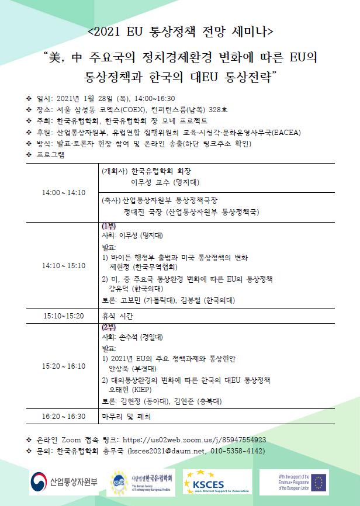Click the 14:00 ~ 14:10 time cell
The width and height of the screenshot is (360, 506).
tap(64, 192)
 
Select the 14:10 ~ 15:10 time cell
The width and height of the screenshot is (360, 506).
tap(64, 265)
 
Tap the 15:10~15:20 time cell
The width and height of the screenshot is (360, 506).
tap(64, 316)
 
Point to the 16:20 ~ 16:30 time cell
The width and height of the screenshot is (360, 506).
tap(64, 417)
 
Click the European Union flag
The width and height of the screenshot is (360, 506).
tap(318, 481)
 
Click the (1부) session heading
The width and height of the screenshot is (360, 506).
tap(108, 226)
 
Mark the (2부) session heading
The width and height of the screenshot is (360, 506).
tap(109, 327)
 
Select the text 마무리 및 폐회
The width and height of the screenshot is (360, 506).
tap(127, 417)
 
